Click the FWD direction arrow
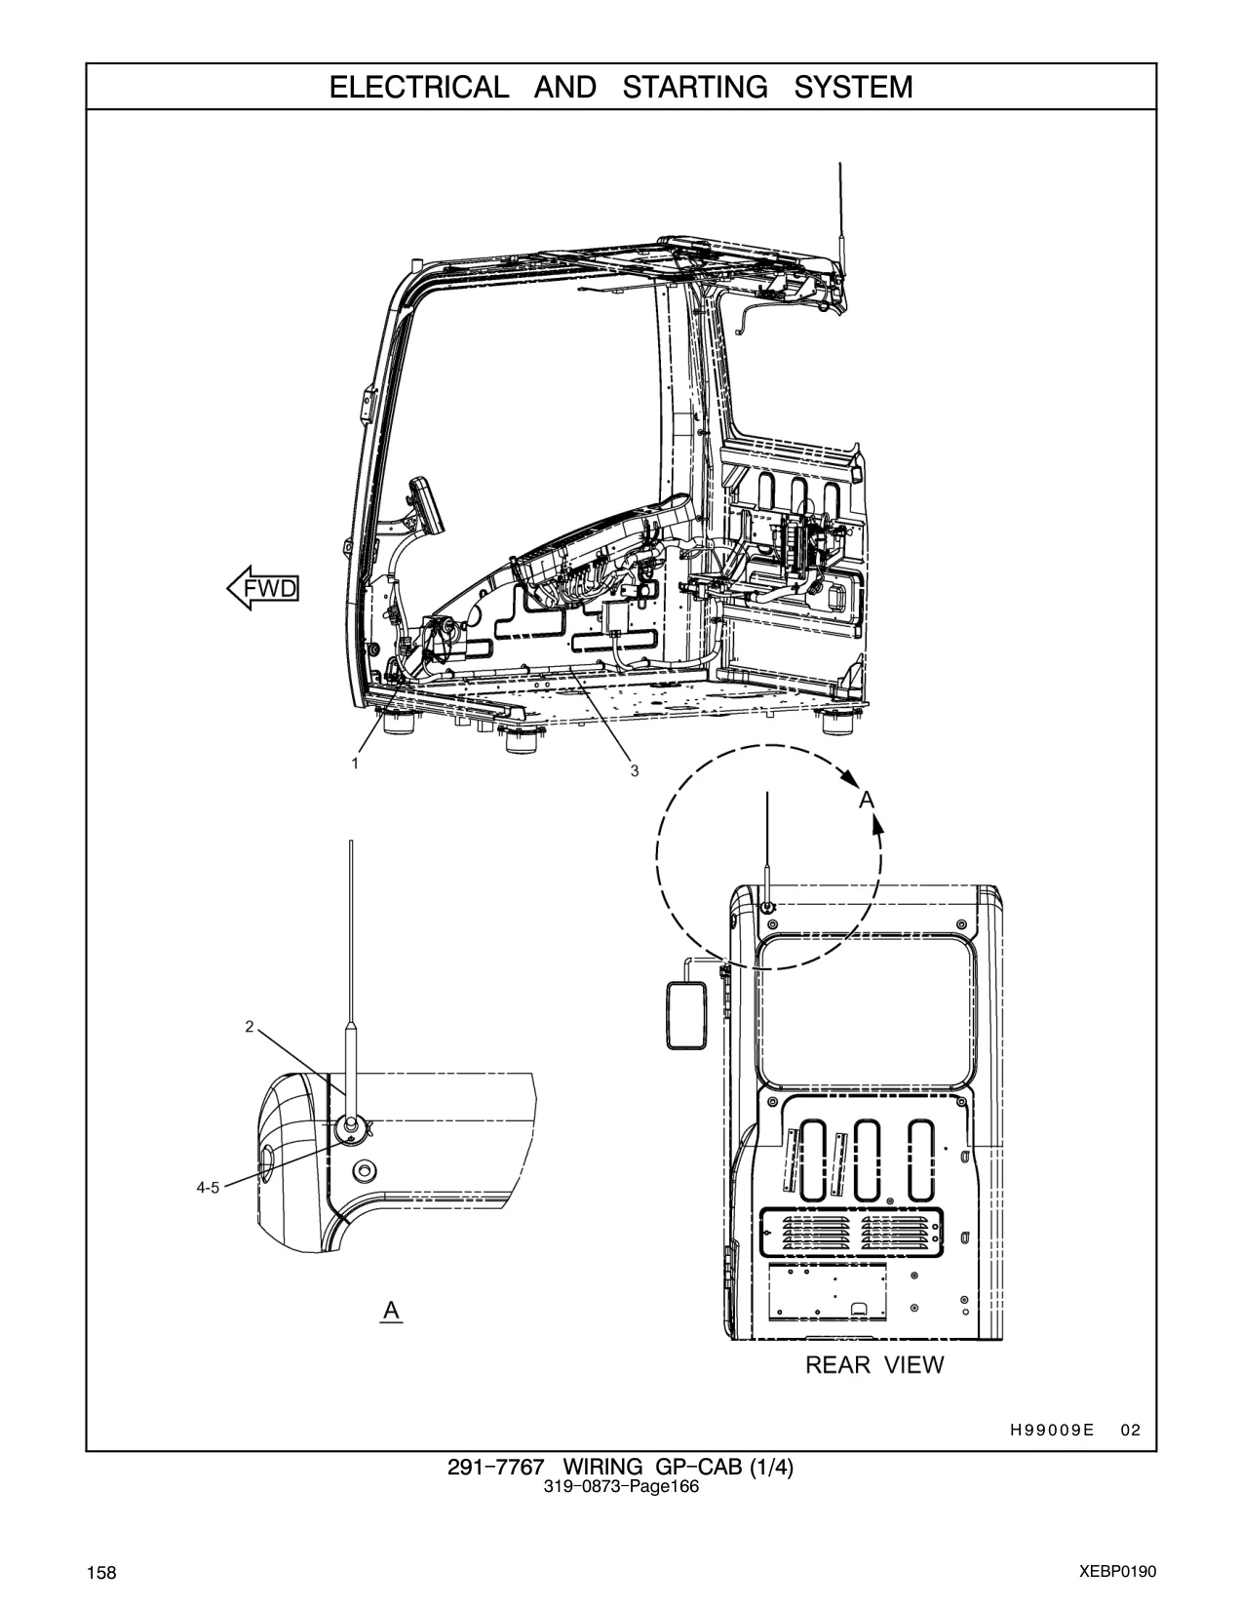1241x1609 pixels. tap(262, 589)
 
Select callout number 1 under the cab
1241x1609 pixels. tap(355, 763)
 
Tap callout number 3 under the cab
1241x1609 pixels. tap(635, 770)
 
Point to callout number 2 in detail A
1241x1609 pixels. tap(250, 1026)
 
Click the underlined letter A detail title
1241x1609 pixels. tap(392, 1311)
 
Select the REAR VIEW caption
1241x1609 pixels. tap(874, 1364)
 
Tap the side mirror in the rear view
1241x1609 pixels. tap(686, 1014)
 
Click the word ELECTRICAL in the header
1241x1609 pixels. tap(419, 88)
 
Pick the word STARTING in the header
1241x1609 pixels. tap(695, 88)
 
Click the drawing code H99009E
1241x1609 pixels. tap(1052, 1430)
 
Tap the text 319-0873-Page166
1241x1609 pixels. tap(621, 1486)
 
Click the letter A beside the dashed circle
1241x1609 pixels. tap(867, 801)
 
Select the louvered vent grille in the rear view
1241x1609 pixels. tap(852, 1233)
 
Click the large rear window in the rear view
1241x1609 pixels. tap(865, 1012)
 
